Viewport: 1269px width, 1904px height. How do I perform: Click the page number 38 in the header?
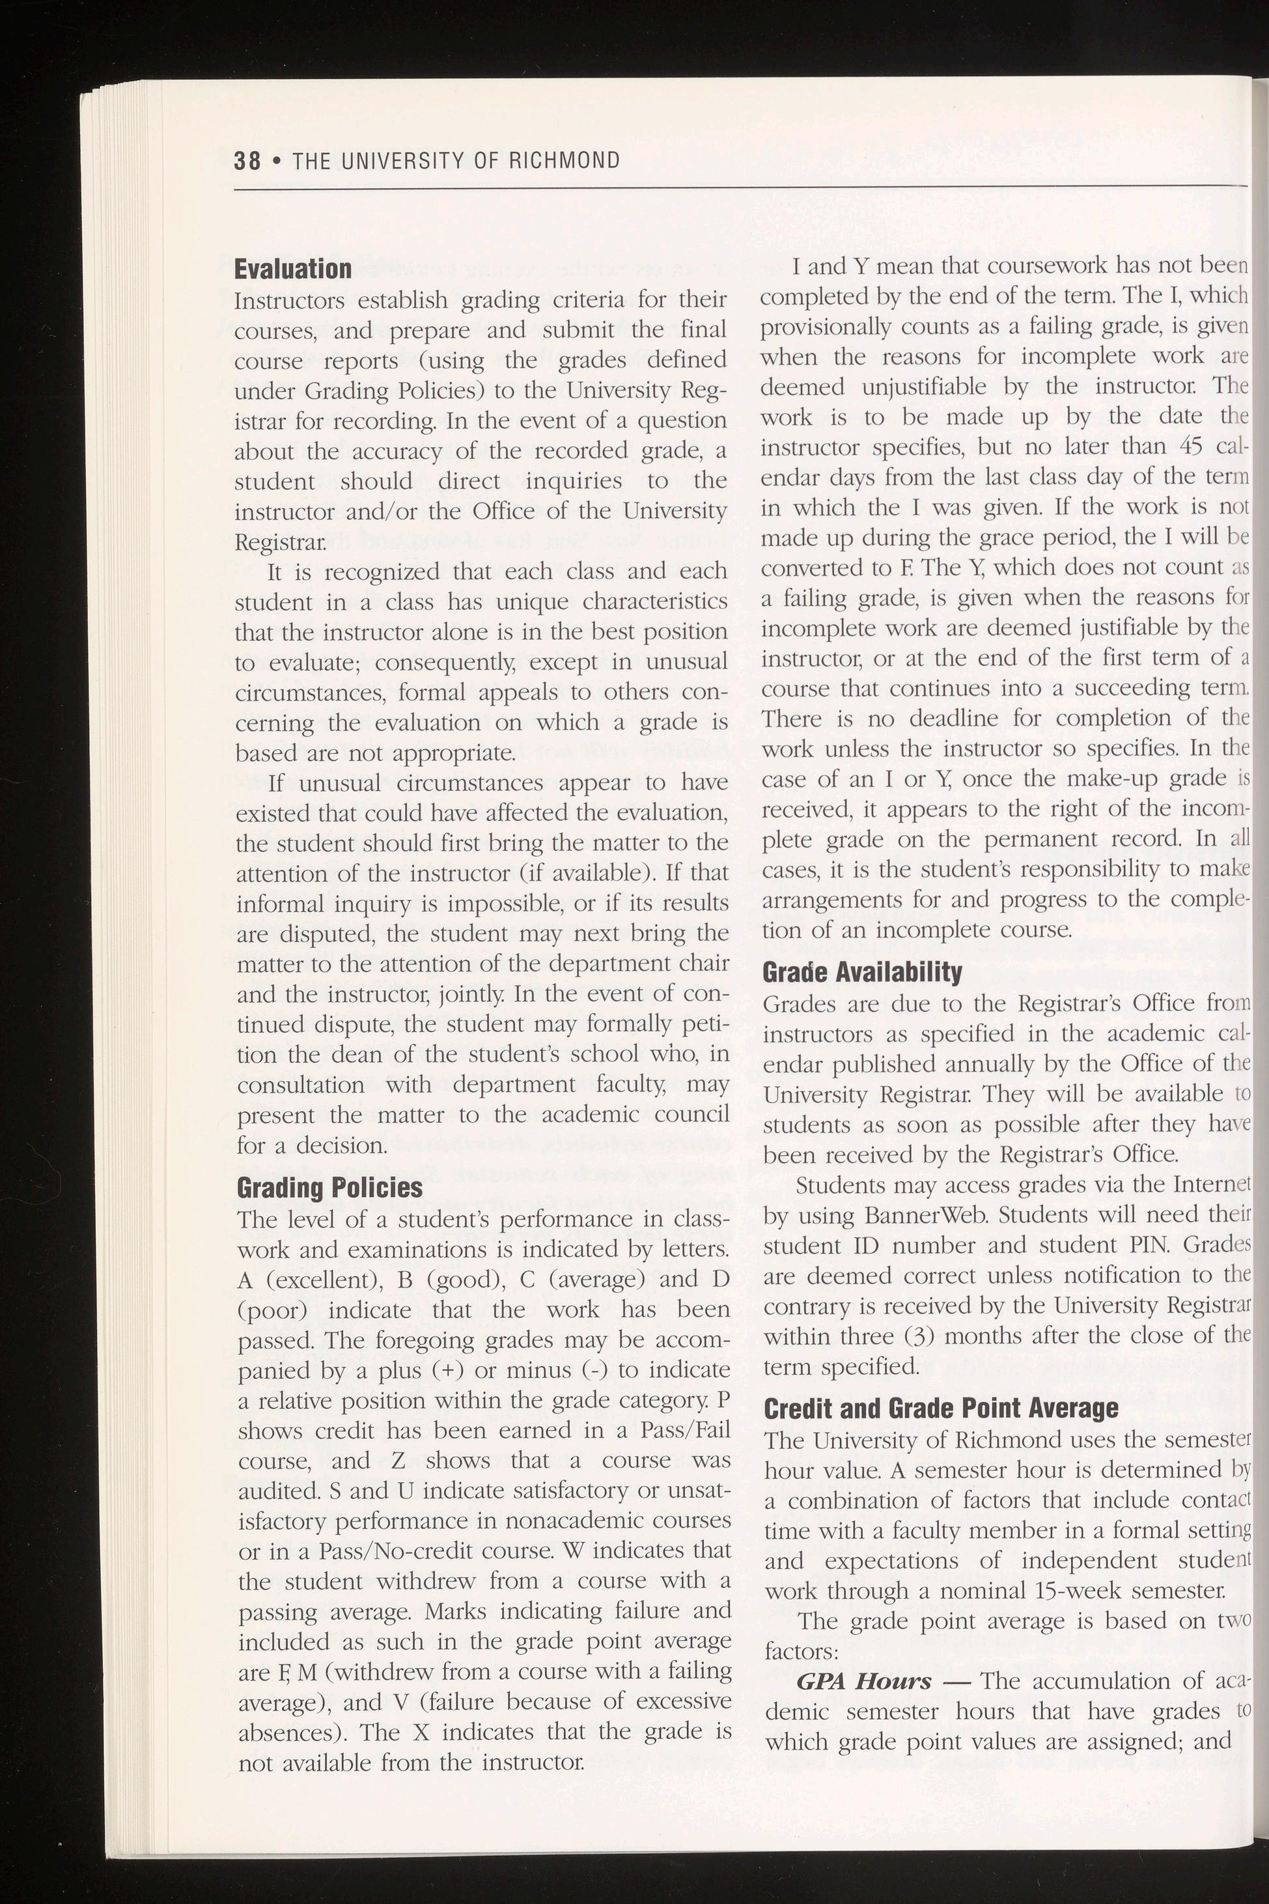(247, 160)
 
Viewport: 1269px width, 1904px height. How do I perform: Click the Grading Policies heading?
(329, 1187)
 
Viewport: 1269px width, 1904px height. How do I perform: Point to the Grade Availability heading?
(862, 971)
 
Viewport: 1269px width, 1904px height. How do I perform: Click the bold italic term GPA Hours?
(863, 1681)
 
